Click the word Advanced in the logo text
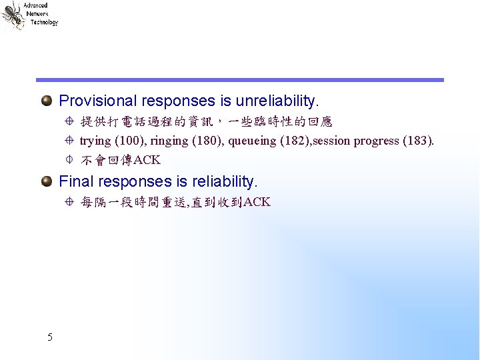(35, 5)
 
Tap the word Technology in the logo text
(44, 22)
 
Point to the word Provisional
(97, 101)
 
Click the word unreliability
(277, 101)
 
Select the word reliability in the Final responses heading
(224, 181)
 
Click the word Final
(75, 181)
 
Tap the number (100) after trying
(127, 141)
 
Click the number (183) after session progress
(419, 141)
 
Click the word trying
(95, 141)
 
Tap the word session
(331, 141)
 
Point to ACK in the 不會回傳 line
(147, 160)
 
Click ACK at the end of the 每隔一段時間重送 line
(257, 203)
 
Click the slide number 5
(50, 337)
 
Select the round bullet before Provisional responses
(47, 101)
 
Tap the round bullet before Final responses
(47, 181)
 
